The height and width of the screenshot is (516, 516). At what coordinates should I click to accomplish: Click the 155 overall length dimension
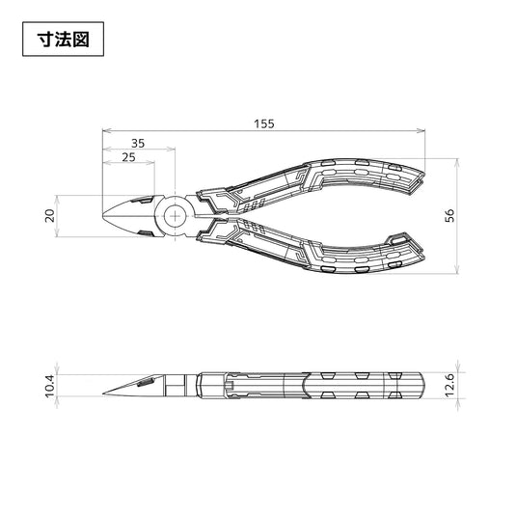[x=264, y=123]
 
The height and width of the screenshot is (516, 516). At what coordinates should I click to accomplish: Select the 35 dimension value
[x=138, y=143]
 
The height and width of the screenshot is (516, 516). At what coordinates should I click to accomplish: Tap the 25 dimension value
[x=128, y=157]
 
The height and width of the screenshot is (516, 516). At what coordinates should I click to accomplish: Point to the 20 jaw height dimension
[x=50, y=216]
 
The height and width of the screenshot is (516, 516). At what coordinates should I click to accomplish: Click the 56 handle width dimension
[x=449, y=215]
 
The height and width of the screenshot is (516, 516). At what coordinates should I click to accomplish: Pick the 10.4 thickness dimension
[x=50, y=387]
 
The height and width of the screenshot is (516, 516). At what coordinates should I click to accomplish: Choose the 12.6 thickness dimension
[x=449, y=385]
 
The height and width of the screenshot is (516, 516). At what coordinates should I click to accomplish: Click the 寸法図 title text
[x=63, y=40]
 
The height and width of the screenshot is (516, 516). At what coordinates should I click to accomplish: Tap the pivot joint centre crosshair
[x=176, y=216]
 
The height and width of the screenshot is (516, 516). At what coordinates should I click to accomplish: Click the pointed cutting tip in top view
[x=103, y=216]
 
